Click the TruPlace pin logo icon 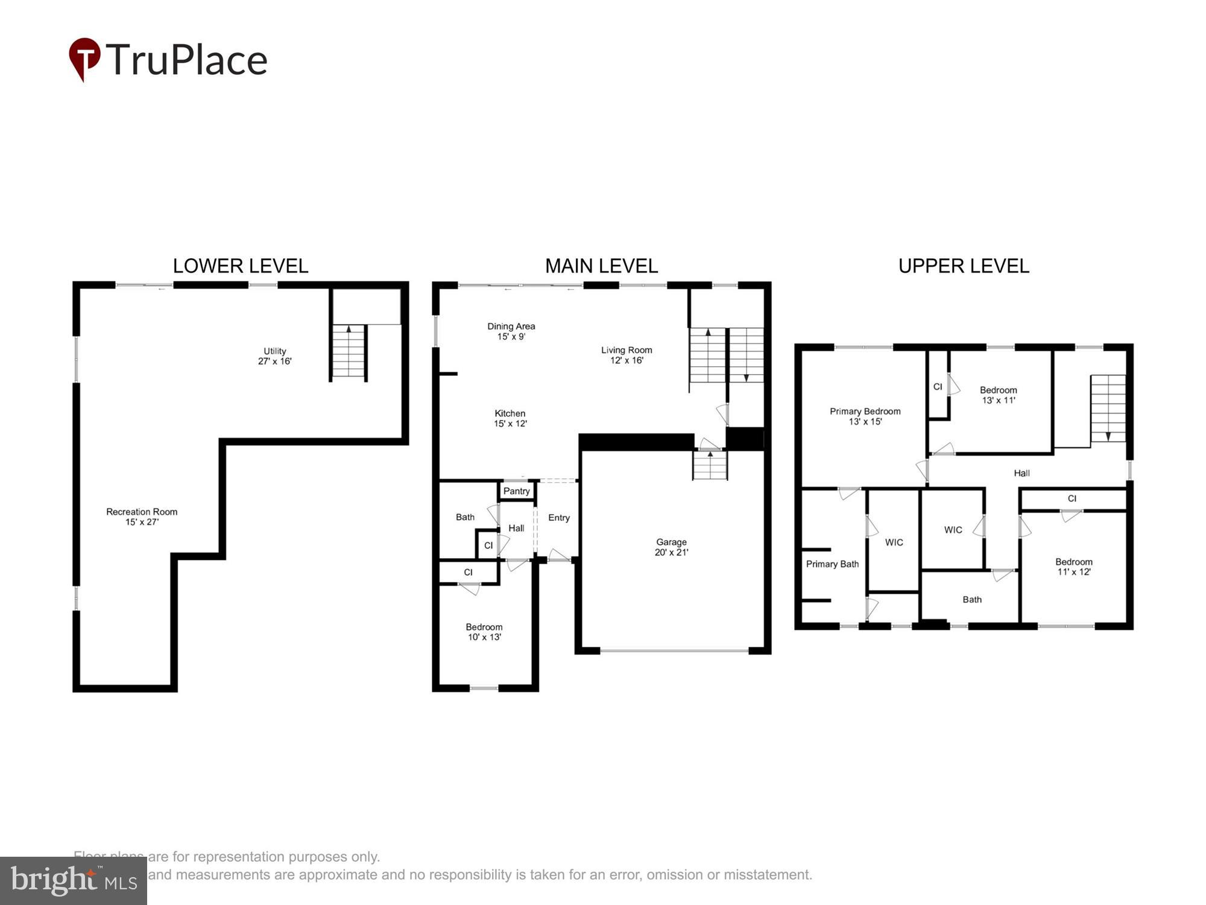(84, 59)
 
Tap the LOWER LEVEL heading (240, 266)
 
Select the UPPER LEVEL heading (963, 266)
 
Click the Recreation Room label (142, 516)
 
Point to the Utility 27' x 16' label (274, 356)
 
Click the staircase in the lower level (349, 352)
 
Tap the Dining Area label (511, 331)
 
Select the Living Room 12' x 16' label (626, 355)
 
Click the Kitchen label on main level (510, 418)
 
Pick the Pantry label (516, 491)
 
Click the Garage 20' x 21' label (671, 547)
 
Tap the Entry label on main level (558, 518)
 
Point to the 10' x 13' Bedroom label (484, 632)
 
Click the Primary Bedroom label (865, 416)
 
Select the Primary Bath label (832, 564)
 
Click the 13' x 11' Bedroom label (998, 395)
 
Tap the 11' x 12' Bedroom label (1073, 567)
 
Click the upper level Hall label (1021, 473)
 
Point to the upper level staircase (1108, 408)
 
